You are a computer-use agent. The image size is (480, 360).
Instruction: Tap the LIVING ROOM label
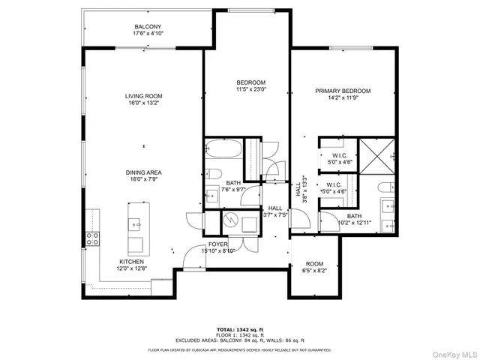click(143, 96)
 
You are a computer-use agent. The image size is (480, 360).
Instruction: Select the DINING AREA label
click(143, 172)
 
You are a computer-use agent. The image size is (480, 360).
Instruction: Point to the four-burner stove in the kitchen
click(94, 239)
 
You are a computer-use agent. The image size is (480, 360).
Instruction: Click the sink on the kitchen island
click(136, 223)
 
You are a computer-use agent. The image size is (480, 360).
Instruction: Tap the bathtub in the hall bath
click(223, 149)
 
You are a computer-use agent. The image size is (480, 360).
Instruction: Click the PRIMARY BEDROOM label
click(342, 91)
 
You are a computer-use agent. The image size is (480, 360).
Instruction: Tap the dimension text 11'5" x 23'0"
click(251, 89)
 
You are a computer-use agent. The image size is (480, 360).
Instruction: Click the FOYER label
click(217, 244)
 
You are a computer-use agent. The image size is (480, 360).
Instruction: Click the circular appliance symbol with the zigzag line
click(231, 221)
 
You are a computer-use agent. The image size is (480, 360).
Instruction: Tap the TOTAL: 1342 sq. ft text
click(240, 329)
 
